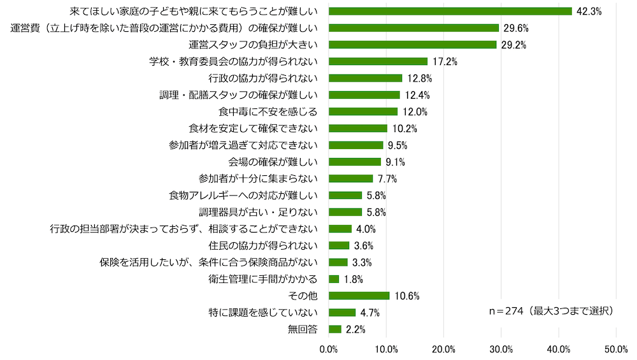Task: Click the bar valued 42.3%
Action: (450, 11)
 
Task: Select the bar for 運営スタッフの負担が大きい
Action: (412, 45)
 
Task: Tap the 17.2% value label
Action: (445, 62)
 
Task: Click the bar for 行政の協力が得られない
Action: (365, 78)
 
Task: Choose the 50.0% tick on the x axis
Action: (616, 349)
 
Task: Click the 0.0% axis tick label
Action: (329, 349)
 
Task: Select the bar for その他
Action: (359, 296)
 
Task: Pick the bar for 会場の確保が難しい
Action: (355, 162)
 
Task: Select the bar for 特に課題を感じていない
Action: (342, 312)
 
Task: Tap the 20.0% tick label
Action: (443, 349)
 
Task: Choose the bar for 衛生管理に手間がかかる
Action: (334, 279)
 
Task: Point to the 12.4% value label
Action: (417, 95)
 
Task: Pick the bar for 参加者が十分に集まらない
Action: (351, 178)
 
